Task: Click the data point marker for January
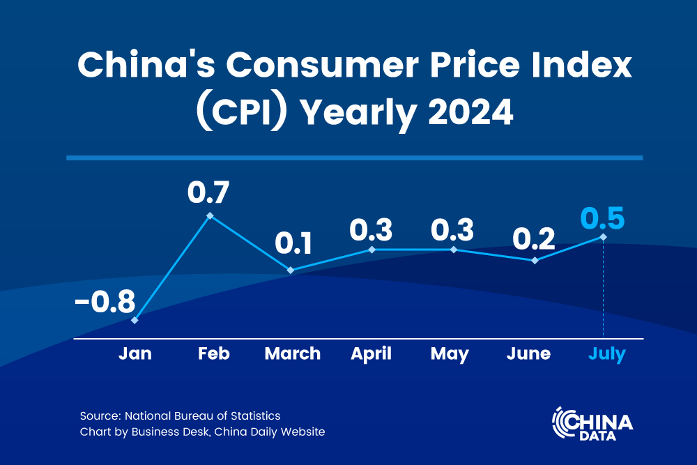pos(135,320)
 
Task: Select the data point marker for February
pos(210,216)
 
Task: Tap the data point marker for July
pos(603,237)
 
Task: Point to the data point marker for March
pos(291,270)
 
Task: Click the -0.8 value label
pos(105,304)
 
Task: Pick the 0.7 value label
pos(208,192)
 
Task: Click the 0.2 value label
pos(534,238)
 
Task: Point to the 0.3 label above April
pos(371,229)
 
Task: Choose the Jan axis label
pos(135,353)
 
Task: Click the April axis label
pos(371,353)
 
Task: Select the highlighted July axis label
pos(606,353)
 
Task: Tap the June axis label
pos(528,353)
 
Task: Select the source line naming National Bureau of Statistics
pos(180,416)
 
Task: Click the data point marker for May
pos(453,249)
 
